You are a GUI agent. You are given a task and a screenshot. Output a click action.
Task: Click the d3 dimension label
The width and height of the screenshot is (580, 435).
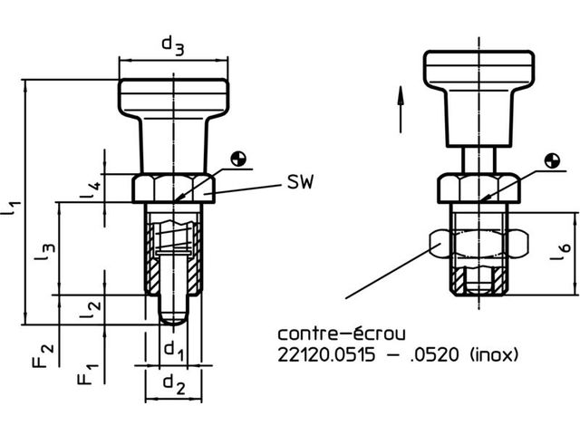pyautogui.click(x=173, y=46)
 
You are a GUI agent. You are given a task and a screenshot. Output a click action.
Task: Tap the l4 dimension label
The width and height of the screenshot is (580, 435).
pyautogui.click(x=91, y=189)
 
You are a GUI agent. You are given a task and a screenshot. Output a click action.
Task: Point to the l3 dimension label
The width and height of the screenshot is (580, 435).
pyautogui.click(x=45, y=253)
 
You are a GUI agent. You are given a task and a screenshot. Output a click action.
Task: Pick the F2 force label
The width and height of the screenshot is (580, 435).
pyautogui.click(x=43, y=356)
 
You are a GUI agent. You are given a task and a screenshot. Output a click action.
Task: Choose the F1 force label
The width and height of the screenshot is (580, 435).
pyautogui.click(x=88, y=374)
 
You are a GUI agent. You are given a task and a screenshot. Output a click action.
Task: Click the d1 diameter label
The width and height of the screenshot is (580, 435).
pyautogui.click(x=173, y=351)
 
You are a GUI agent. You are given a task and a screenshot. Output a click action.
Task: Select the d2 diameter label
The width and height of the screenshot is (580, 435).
pyautogui.click(x=174, y=383)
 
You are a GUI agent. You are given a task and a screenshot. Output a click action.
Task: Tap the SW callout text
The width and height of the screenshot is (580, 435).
pyautogui.click(x=300, y=181)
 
